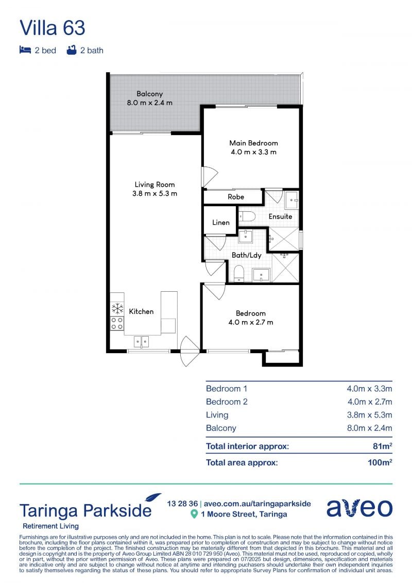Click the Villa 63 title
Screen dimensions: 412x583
click(53, 28)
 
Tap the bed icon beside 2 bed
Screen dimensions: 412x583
click(25, 50)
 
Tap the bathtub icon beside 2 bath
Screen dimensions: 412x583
click(72, 50)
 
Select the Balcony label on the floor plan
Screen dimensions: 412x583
click(149, 94)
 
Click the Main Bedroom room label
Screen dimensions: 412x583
click(253, 143)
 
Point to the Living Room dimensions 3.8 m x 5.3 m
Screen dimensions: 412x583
click(154, 193)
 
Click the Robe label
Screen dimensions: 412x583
click(236, 197)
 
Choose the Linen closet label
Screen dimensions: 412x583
click(220, 222)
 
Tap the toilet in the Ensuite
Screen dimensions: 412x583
click(246, 216)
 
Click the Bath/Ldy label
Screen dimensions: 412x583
click(246, 255)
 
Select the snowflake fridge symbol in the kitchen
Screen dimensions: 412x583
click(117, 309)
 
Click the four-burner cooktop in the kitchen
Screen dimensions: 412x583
click(117, 324)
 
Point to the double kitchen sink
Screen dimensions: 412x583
click(141, 341)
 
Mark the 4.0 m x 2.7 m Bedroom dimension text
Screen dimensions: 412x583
click(251, 322)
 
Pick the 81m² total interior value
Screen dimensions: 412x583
click(382, 446)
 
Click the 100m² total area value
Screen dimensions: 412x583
click(380, 462)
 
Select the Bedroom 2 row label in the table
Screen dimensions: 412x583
click(227, 402)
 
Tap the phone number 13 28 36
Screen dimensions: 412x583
click(182, 504)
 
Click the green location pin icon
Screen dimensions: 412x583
click(194, 514)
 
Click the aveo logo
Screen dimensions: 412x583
click(359, 508)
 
